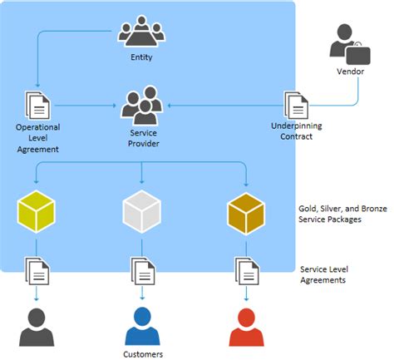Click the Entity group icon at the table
click(141, 32)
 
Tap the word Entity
click(142, 57)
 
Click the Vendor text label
click(350, 72)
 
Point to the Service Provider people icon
click(143, 106)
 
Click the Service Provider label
click(144, 138)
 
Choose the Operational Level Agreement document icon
click(37, 106)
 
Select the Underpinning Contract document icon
click(296, 106)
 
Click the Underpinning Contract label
click(292, 131)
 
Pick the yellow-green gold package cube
click(37, 211)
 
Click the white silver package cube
click(142, 211)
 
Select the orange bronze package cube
click(247, 211)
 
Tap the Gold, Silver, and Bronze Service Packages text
click(342, 214)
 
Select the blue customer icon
click(142, 326)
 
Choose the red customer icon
click(247, 326)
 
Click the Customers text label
click(142, 353)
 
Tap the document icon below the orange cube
click(247, 270)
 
